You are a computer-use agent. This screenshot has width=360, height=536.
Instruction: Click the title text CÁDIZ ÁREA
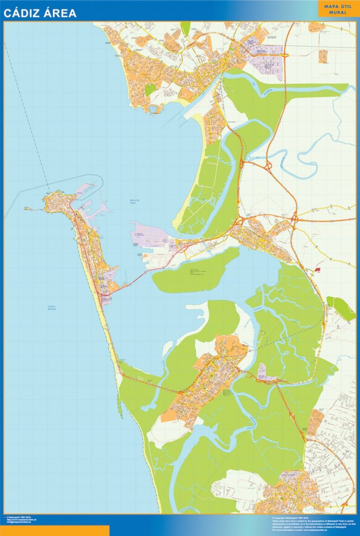click(x=40, y=13)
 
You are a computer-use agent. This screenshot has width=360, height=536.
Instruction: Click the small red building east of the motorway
click(x=317, y=270)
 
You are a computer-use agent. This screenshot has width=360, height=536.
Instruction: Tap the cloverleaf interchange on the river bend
click(x=269, y=165)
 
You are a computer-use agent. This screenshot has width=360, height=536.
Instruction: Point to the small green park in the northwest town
click(x=150, y=90)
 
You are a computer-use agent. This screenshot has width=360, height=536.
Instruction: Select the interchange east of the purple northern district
click(x=285, y=55)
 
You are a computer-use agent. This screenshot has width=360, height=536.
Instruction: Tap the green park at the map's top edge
click(x=186, y=28)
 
